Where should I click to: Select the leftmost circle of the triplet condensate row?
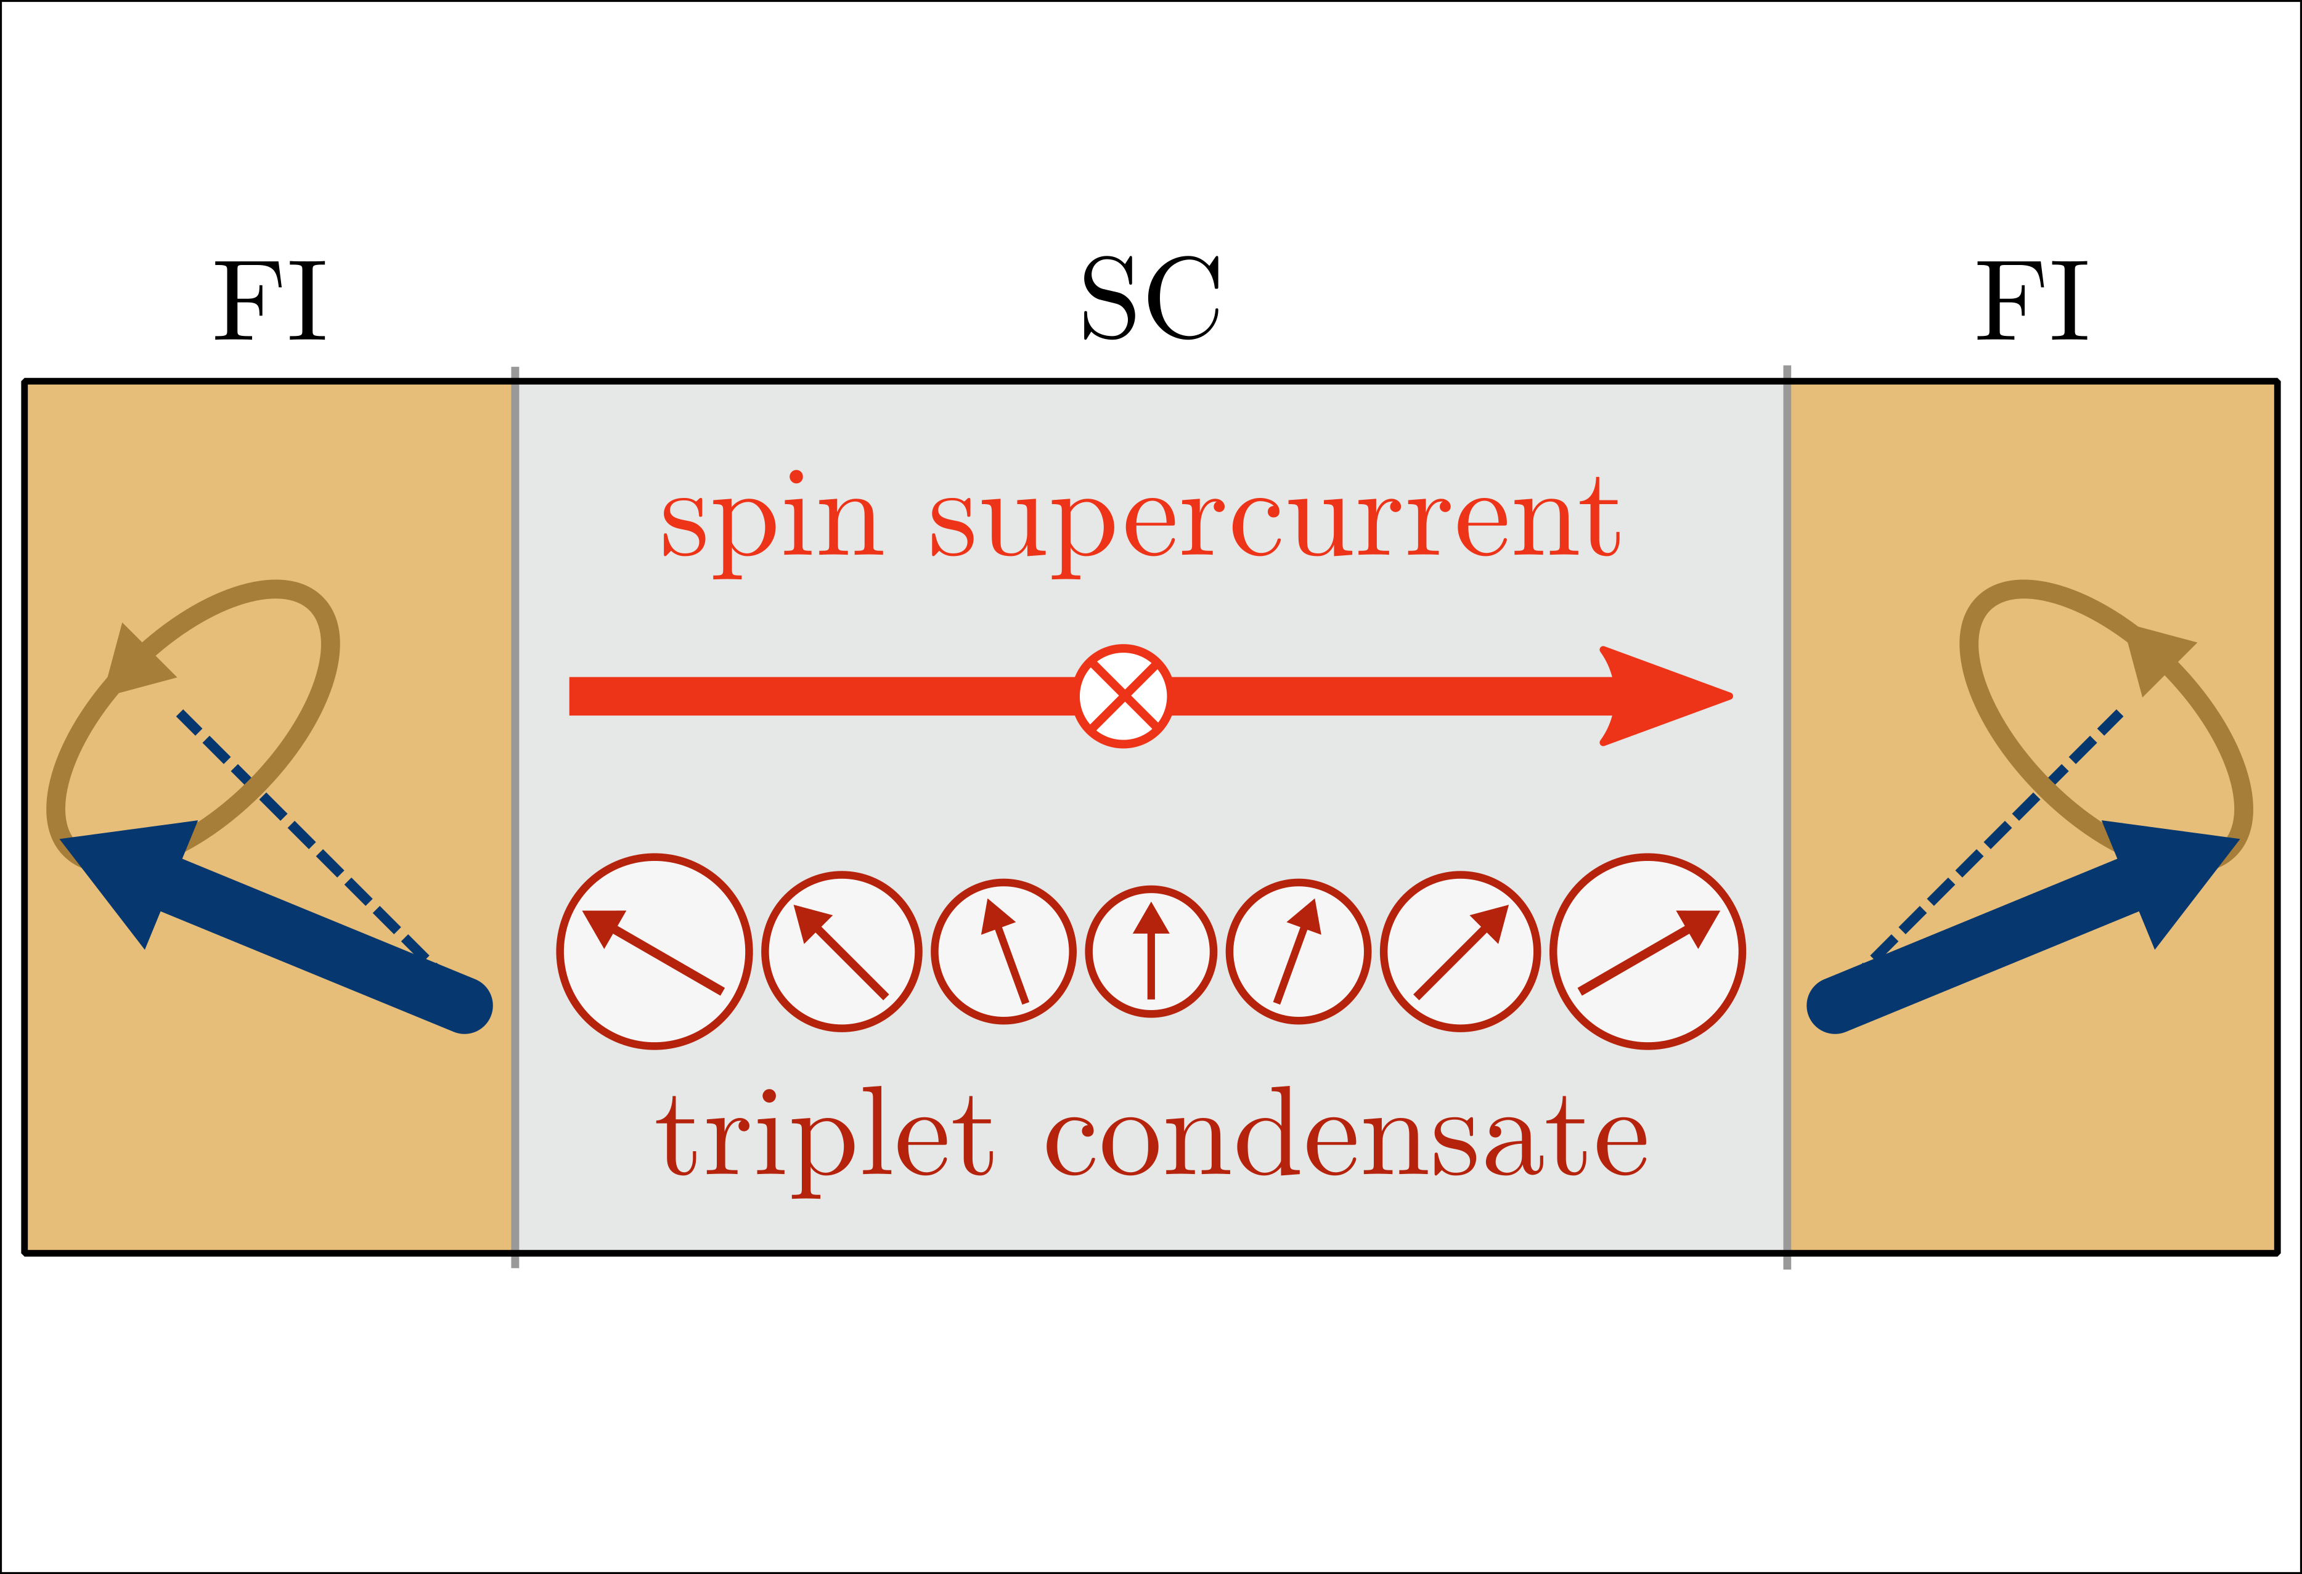[654, 951]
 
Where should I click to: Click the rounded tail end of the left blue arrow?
[465, 1005]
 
